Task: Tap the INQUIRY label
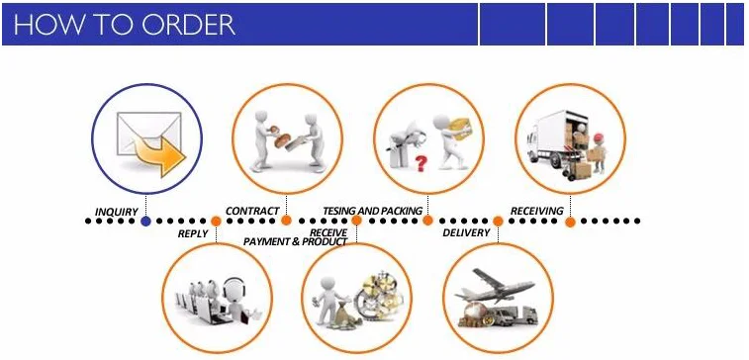click(x=117, y=212)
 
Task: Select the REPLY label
click(x=193, y=234)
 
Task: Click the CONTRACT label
click(x=252, y=211)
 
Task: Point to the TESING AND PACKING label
click(x=373, y=211)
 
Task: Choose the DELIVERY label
click(x=466, y=233)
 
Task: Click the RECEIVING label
click(x=537, y=211)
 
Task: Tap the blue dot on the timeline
click(x=146, y=222)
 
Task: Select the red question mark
click(x=421, y=163)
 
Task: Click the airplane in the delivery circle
click(x=494, y=286)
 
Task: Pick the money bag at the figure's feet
click(x=340, y=316)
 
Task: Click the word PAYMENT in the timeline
click(x=265, y=242)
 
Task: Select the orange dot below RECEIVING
click(x=570, y=223)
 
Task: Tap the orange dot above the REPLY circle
click(x=216, y=222)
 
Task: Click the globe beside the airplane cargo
click(x=476, y=312)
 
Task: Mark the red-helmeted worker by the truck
click(x=597, y=151)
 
